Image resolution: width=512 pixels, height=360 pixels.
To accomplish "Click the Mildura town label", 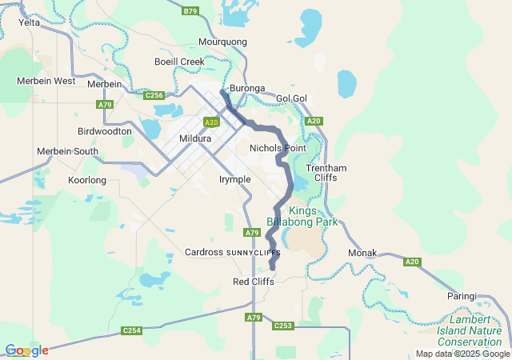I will click(x=195, y=138).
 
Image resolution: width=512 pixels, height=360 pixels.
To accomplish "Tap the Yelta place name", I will click(x=30, y=22).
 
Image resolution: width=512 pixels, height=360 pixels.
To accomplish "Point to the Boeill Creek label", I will click(x=179, y=62).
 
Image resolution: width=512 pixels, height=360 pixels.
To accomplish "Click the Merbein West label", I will click(x=46, y=81).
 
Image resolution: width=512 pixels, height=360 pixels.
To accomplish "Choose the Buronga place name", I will click(x=247, y=88).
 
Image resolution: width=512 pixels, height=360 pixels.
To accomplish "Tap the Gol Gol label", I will click(x=292, y=98).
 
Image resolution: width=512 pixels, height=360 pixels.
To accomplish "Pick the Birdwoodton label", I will click(x=105, y=130).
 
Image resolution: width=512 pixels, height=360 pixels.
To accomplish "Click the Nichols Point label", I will click(x=278, y=148).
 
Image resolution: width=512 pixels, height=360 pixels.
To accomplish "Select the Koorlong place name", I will click(x=87, y=180).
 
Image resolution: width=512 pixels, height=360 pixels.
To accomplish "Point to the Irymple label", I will click(x=234, y=179).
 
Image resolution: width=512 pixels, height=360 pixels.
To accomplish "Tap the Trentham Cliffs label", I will click(x=326, y=172).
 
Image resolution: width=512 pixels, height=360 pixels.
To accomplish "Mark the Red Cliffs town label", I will click(x=253, y=282).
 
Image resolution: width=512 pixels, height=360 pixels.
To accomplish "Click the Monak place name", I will click(x=362, y=253).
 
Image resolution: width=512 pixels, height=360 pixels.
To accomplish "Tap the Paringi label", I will click(x=462, y=296).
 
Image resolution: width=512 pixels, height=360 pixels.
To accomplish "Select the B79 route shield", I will click(x=190, y=10).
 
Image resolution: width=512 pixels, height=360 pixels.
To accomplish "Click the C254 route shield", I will click(x=131, y=330).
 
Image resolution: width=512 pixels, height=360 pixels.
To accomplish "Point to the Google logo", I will click(x=26, y=350).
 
